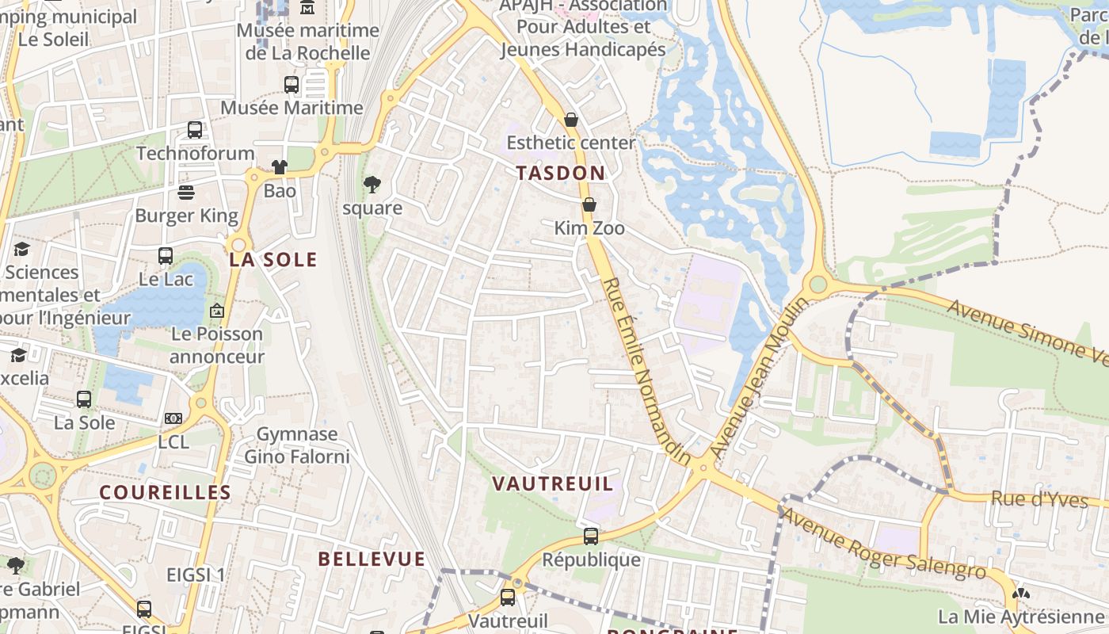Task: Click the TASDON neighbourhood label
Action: [560, 173]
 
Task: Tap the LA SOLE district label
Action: [273, 260]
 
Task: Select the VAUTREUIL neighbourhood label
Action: [553, 483]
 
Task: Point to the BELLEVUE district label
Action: [372, 559]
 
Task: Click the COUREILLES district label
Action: [166, 492]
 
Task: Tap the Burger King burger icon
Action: [186, 193]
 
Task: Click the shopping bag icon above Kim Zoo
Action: [589, 204]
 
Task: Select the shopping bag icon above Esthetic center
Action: [571, 120]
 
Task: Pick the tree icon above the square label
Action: [372, 185]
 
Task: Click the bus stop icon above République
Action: [591, 537]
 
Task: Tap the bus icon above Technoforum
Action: [195, 130]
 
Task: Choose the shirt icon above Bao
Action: [280, 167]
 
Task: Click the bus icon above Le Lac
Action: [166, 256]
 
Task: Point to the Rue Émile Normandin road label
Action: [646, 369]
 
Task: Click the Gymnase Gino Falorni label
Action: [297, 445]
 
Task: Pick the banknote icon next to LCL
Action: [173, 418]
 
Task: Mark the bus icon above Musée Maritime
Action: [292, 85]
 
